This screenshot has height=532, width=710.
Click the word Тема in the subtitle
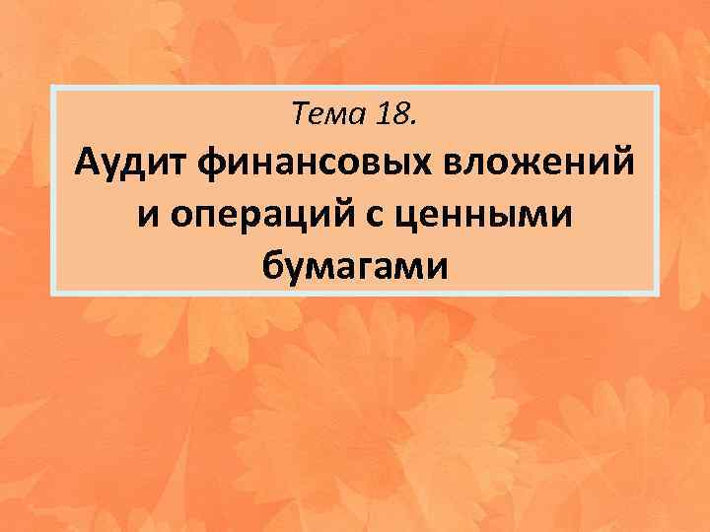point(328,117)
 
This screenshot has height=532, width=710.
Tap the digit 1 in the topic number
point(385,117)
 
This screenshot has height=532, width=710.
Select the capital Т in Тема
point(301,117)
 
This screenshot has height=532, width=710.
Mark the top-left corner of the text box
point(51,87)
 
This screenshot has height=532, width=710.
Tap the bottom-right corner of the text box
point(657,295)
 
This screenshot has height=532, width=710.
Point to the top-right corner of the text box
point(657,87)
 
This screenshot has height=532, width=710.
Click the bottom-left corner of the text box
point(51,295)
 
